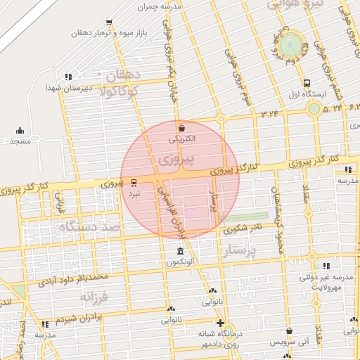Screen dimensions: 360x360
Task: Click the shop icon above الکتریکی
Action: click(x=183, y=127)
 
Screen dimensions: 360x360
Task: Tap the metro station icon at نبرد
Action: click(x=134, y=181)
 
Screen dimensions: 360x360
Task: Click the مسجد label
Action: click(x=20, y=141)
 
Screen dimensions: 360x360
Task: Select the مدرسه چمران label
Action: click(x=161, y=6)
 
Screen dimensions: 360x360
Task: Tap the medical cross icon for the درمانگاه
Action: click(x=220, y=323)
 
